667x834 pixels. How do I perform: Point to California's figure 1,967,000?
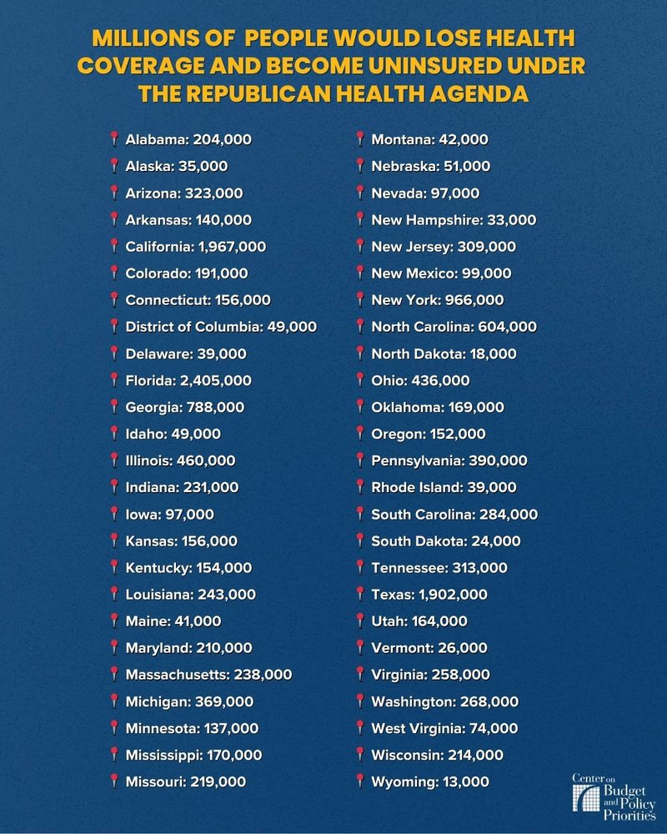pyautogui.click(x=232, y=247)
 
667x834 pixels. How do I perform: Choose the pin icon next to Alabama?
pyautogui.click(x=113, y=139)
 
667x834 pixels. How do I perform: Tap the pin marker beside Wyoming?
pyautogui.click(x=359, y=781)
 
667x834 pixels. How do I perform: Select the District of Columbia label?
pyautogui.click(x=193, y=327)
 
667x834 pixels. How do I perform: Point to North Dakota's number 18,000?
pyautogui.click(x=492, y=354)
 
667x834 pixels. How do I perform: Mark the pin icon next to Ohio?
pyautogui.click(x=359, y=380)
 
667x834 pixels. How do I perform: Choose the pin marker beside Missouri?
pyautogui.click(x=113, y=781)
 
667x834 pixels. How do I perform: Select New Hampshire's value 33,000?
pyautogui.click(x=509, y=220)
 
